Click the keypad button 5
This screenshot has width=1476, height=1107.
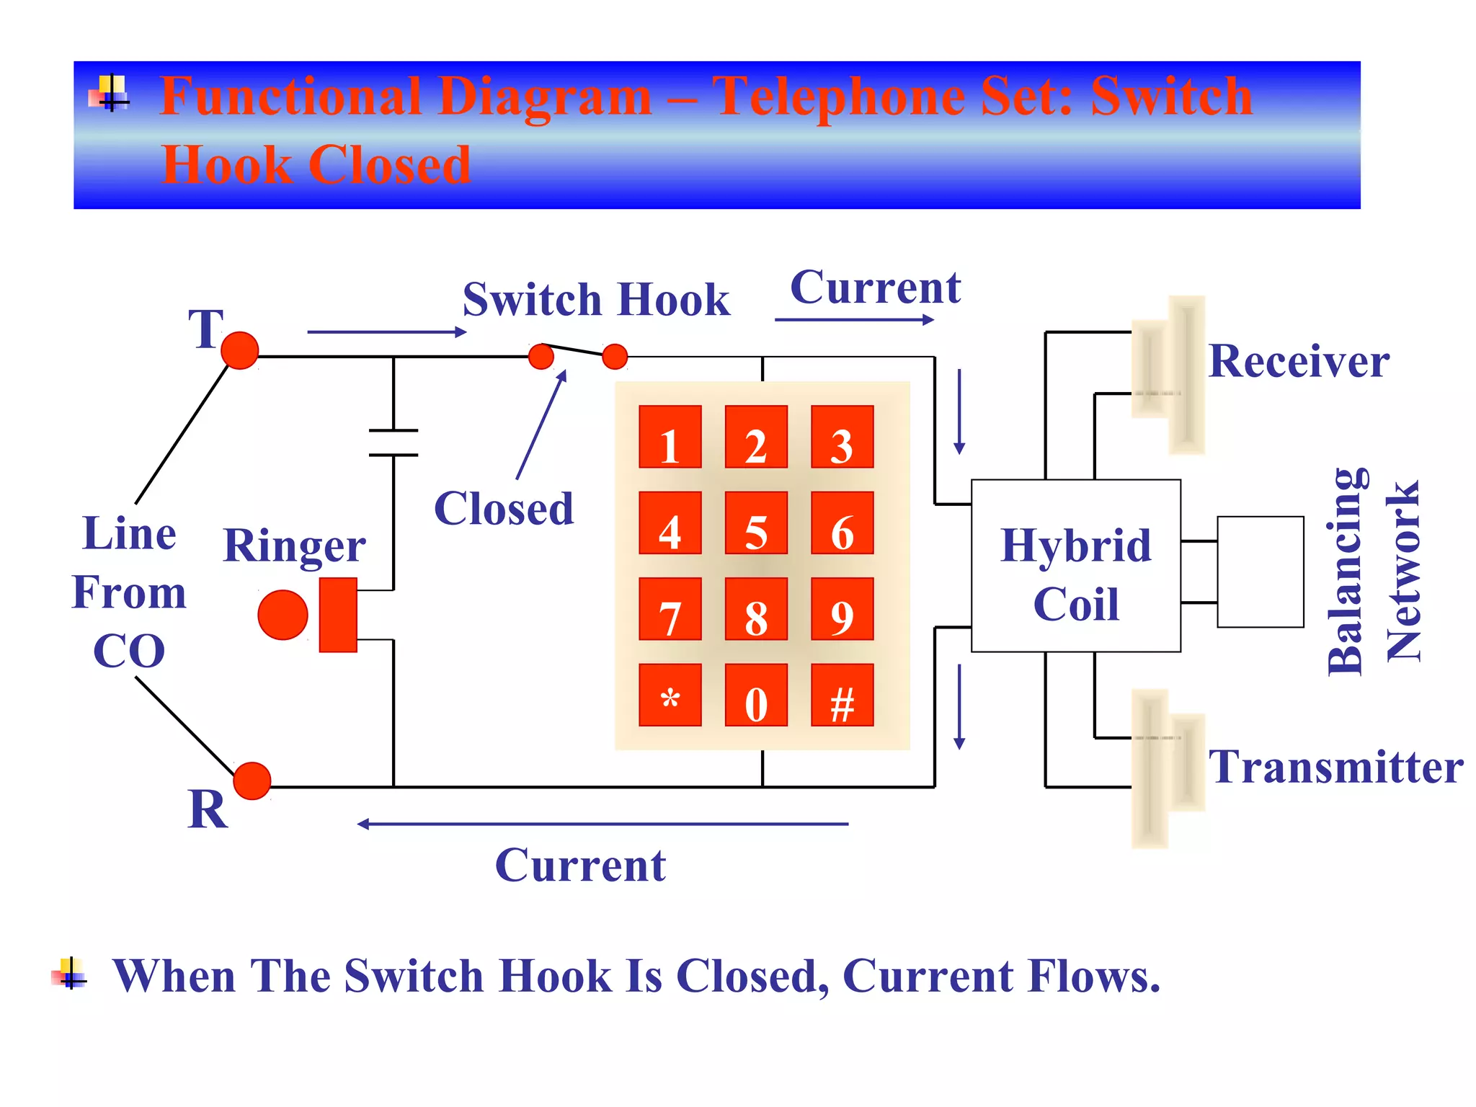[x=756, y=523]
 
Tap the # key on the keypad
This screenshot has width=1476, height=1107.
[x=842, y=695]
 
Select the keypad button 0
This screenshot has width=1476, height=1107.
[x=756, y=695]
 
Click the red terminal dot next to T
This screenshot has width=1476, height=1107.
[x=240, y=351]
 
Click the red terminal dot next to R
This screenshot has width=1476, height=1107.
[x=252, y=781]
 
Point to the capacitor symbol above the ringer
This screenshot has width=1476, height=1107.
[x=394, y=443]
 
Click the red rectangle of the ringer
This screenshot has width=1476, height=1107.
[x=338, y=615]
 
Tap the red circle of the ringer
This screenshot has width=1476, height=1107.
[x=283, y=615]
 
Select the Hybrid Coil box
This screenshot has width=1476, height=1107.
[x=1075, y=566]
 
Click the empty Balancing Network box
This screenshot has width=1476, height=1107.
[x=1260, y=572]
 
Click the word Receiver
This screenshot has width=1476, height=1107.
[x=1299, y=361]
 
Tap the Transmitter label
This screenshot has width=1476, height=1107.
[x=1335, y=767]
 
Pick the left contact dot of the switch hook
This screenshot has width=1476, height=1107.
[x=541, y=356]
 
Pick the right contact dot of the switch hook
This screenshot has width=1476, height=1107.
[x=615, y=356]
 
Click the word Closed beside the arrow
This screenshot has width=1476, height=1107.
[x=504, y=509]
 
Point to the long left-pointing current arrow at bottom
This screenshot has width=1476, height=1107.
[x=603, y=824]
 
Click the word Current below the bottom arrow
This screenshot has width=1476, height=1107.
[x=580, y=866]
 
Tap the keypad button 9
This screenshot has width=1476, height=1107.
[x=842, y=609]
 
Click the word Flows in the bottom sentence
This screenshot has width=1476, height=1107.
[x=1093, y=977]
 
